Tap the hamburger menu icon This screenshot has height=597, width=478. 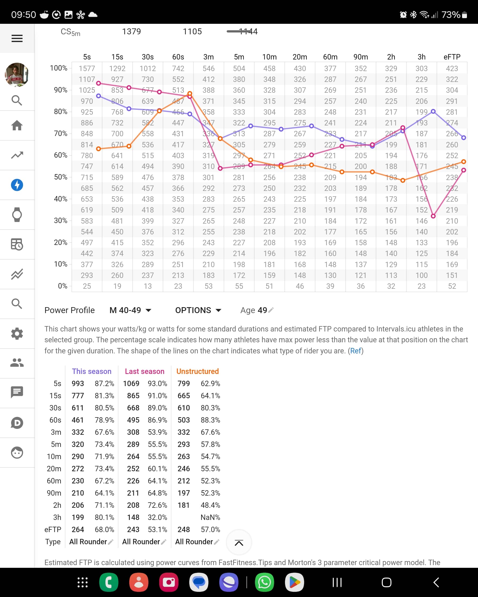17,38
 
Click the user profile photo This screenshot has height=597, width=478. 17,74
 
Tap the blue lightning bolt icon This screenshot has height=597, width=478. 17,185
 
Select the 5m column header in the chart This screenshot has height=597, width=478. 239,57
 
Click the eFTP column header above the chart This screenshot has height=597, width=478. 452,57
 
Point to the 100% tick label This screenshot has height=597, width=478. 58,68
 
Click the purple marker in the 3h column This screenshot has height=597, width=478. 433,111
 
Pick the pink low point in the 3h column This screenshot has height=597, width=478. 433,216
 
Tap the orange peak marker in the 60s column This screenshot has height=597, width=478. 190,94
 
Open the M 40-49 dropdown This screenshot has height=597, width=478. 130,310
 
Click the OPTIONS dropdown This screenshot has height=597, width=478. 198,310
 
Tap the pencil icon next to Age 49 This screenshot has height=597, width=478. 271,310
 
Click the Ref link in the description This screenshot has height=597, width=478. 356,351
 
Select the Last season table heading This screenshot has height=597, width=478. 145,371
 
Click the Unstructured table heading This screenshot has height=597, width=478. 197,371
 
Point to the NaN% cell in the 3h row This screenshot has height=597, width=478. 210,517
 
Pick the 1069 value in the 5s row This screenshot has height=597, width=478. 131,383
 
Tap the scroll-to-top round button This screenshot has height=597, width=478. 239,543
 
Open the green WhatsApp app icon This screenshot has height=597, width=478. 264,582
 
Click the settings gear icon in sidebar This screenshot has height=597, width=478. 17,334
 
